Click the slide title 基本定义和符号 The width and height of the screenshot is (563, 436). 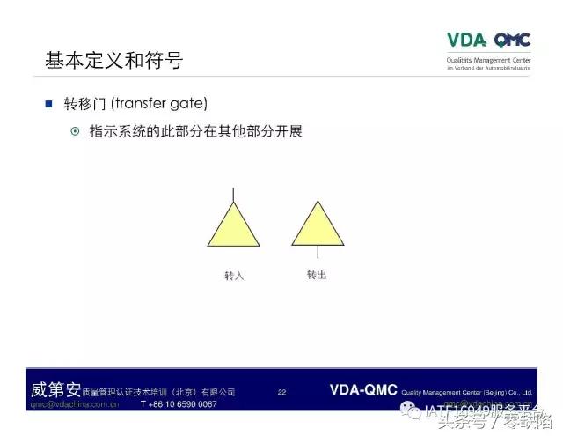113,62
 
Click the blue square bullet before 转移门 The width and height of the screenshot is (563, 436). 49,104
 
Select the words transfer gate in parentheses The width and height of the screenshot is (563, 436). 163,104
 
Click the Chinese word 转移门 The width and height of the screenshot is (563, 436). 84,104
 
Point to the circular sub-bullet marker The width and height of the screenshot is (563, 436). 75,132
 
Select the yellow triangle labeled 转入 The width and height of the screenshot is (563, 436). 233,225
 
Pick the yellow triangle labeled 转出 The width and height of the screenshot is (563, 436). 318,224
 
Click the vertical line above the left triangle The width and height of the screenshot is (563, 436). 233,195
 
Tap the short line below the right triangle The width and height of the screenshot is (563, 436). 318,252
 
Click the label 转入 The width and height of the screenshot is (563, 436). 233,276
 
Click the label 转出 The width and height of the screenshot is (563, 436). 317,275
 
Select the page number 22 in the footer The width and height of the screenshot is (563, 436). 281,391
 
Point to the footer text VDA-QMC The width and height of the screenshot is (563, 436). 363,389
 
